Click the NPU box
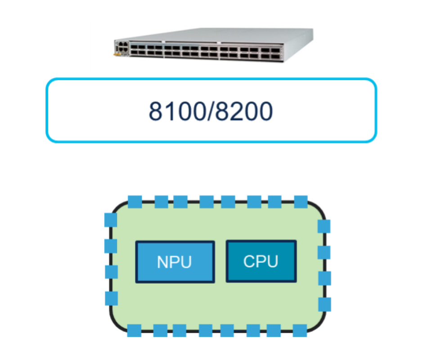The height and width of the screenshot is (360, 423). [x=175, y=262]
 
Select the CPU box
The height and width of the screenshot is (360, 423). [x=261, y=261]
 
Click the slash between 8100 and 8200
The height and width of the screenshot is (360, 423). [x=211, y=111]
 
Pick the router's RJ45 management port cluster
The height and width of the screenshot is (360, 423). [x=122, y=46]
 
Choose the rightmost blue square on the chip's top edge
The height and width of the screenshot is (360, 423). [x=301, y=202]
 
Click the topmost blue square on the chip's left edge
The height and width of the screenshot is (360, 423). [x=111, y=220]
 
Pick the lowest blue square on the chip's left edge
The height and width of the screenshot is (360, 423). [x=111, y=298]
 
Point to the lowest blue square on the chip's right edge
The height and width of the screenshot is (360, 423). [x=324, y=305]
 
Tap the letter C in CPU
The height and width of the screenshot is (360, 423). [x=249, y=261]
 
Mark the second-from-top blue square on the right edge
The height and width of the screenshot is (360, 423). [x=324, y=252]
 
